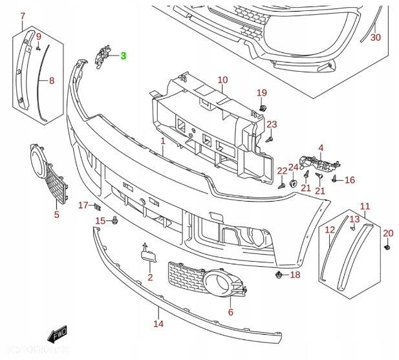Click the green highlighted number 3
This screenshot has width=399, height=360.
pyautogui.click(x=124, y=56)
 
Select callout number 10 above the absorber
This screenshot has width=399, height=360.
pyautogui.click(x=222, y=80)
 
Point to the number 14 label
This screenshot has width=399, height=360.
pyautogui.click(x=159, y=324)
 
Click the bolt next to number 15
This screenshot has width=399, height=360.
pyautogui.click(x=114, y=220)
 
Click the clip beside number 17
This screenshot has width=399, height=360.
pyautogui.click(x=97, y=207)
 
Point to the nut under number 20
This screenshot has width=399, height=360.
pyautogui.click(x=387, y=247)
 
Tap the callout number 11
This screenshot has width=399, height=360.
pyautogui.click(x=365, y=207)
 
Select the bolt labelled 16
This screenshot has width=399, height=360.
pyautogui.click(x=334, y=180)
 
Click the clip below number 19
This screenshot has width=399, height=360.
pyautogui.click(x=263, y=106)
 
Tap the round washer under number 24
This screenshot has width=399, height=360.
pyautogui.click(x=293, y=184)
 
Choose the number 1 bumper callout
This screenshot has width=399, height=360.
pyautogui.click(x=163, y=140)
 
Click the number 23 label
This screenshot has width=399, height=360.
pyautogui.click(x=272, y=124)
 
